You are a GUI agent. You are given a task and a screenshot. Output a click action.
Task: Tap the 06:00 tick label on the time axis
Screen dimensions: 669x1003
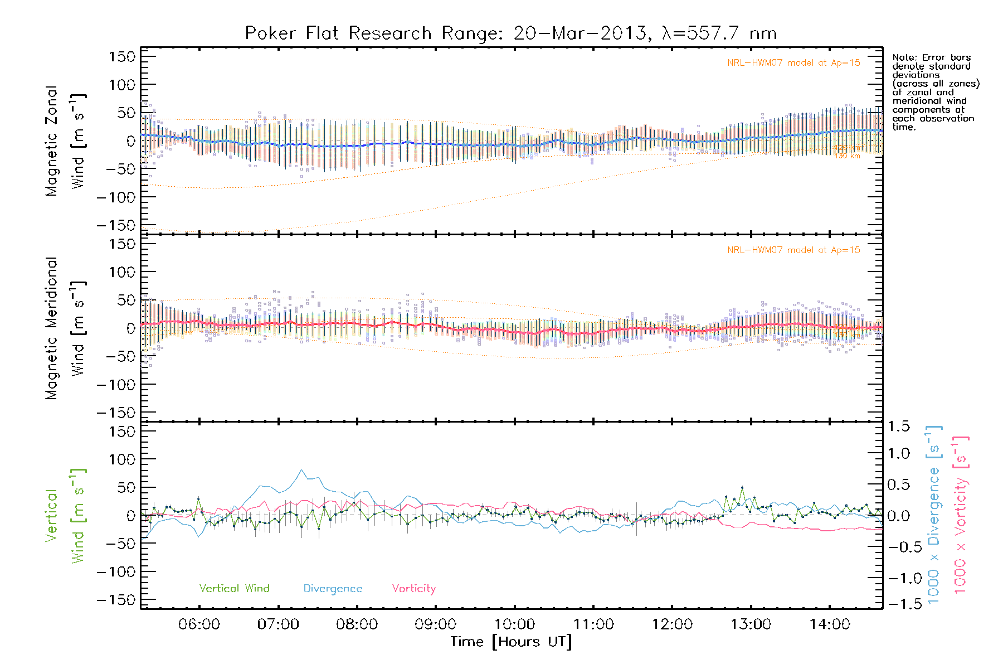click(x=199, y=624)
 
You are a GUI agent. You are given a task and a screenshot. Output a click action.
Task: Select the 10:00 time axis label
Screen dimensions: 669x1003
click(x=514, y=624)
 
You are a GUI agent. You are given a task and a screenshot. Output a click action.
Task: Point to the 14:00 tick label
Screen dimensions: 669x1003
click(x=830, y=624)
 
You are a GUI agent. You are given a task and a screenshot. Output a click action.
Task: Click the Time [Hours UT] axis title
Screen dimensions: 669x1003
click(x=511, y=642)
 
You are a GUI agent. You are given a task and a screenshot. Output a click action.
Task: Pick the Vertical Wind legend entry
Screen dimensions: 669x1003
click(x=234, y=588)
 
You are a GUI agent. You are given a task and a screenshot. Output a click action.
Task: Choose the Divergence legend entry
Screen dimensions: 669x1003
click(x=333, y=588)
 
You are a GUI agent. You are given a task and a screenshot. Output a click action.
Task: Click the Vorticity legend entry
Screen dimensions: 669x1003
click(x=413, y=588)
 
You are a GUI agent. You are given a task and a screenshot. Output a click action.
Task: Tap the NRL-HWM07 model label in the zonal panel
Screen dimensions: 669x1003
click(x=793, y=63)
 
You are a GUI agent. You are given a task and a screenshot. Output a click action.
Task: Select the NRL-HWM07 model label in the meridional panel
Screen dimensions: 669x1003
click(x=793, y=250)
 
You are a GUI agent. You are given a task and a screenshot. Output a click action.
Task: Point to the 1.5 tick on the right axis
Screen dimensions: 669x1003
click(x=898, y=426)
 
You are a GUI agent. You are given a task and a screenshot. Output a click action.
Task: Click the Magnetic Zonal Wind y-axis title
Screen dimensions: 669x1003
click(x=64, y=140)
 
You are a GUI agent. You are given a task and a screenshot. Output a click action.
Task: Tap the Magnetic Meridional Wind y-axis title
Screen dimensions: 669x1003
click(x=64, y=328)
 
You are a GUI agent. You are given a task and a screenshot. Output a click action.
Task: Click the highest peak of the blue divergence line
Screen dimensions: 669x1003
click(x=301, y=470)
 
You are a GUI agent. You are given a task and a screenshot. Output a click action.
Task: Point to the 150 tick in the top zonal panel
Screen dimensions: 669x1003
click(x=122, y=57)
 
